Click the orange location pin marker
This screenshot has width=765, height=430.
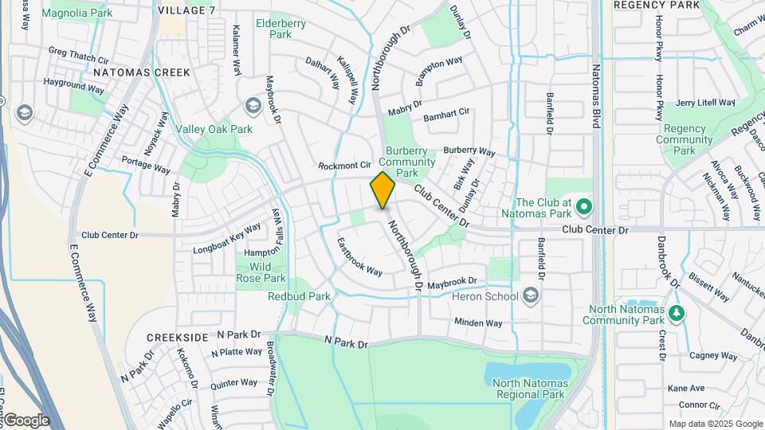[382, 190]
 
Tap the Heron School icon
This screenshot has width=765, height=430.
[532, 297]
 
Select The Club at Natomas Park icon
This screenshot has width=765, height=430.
[583, 207]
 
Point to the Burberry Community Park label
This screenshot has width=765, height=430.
[411, 162]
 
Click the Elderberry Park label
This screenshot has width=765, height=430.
[280, 29]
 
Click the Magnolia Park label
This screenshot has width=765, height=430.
[77, 14]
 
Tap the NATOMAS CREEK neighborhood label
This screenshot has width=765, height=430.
[141, 72]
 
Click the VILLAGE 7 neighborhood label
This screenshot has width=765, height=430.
[186, 10]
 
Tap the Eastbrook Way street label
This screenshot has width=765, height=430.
[359, 256]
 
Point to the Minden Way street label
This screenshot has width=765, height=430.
[478, 322]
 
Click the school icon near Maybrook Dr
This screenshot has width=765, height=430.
[253, 106]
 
